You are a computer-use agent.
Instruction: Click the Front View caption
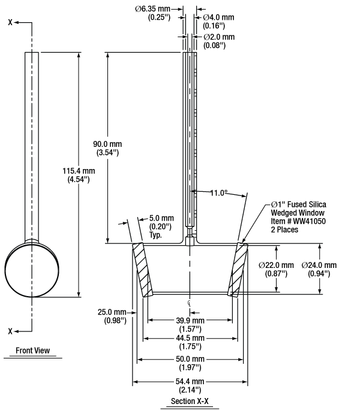point(32,351)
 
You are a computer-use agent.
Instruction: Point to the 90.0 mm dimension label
point(108,148)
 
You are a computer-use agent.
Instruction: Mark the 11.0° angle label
point(219,193)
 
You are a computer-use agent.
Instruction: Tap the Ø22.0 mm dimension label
point(276,269)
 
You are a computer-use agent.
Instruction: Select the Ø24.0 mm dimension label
point(319,269)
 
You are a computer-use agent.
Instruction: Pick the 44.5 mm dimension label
point(190,342)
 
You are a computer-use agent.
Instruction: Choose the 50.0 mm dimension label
point(190,363)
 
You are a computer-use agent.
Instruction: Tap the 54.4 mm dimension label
point(190,385)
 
